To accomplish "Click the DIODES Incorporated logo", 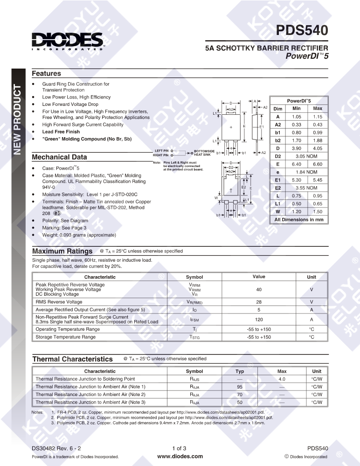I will point(67,41).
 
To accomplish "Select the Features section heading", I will point(46,74).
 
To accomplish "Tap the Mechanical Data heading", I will point(59,157).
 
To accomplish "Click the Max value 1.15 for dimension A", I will point(318,117).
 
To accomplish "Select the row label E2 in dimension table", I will point(278,188).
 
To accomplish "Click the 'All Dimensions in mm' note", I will point(299,219).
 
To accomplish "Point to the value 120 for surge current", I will point(259,320).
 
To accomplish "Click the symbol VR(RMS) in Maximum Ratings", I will point(194,302).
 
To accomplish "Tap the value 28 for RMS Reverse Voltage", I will point(259,302).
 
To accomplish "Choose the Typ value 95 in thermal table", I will point(240,387).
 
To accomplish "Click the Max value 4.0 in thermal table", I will point(282,379).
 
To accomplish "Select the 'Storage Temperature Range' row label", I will point(66,337).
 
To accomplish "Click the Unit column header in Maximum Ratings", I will point(311,277).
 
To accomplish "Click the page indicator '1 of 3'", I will point(180,448).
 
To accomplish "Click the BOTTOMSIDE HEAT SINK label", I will point(204,153).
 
